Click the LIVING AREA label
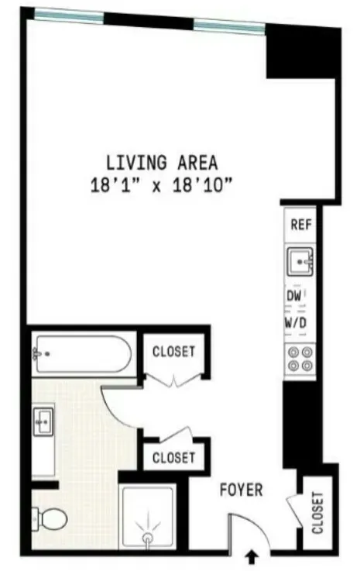162,163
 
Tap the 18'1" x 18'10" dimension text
162,186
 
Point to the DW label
295,296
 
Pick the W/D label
298,321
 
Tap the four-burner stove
300,358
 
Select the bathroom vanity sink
43,423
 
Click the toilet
51,517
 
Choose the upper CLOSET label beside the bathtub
174,352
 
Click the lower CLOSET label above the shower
174,458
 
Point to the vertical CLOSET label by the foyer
317,514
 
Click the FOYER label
242,490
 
